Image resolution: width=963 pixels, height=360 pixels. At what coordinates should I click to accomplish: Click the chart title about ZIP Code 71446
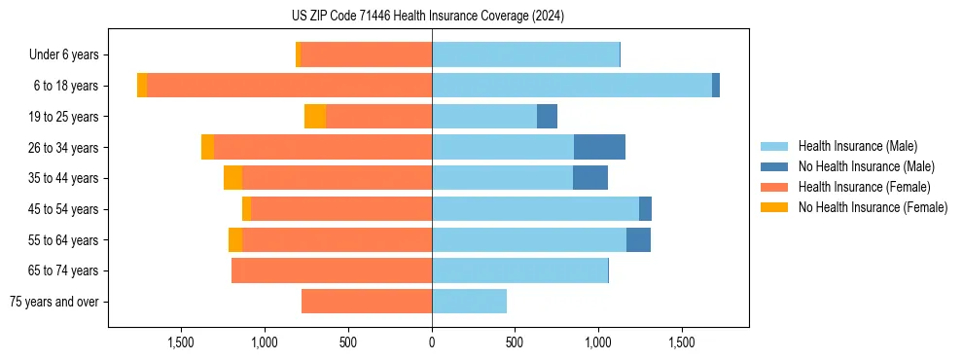[427, 17]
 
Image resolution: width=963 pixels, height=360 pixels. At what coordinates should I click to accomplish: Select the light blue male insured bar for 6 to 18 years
[571, 86]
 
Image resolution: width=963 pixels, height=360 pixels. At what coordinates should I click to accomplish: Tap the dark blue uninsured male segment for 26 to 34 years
[599, 147]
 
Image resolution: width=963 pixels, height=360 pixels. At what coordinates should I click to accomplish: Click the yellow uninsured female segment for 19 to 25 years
[314, 117]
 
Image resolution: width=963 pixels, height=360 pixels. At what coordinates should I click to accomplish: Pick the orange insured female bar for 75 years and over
[366, 302]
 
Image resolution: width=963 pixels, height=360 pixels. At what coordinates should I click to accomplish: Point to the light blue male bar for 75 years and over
[469, 302]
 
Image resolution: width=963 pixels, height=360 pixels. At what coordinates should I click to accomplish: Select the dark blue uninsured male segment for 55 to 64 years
[638, 239]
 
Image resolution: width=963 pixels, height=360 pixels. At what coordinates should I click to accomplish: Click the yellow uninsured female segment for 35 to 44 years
[232, 178]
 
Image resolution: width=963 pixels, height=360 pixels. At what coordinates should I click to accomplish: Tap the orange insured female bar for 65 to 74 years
[331, 270]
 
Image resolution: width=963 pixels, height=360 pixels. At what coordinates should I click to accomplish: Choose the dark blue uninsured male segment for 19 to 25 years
[547, 117]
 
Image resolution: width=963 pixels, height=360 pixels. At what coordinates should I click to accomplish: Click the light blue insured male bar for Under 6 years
[525, 54]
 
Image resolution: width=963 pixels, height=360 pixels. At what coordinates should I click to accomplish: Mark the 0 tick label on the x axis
[432, 342]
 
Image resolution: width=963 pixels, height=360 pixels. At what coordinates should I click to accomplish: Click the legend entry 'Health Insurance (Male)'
[857, 146]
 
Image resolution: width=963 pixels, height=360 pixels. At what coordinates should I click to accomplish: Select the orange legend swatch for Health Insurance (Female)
[774, 187]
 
